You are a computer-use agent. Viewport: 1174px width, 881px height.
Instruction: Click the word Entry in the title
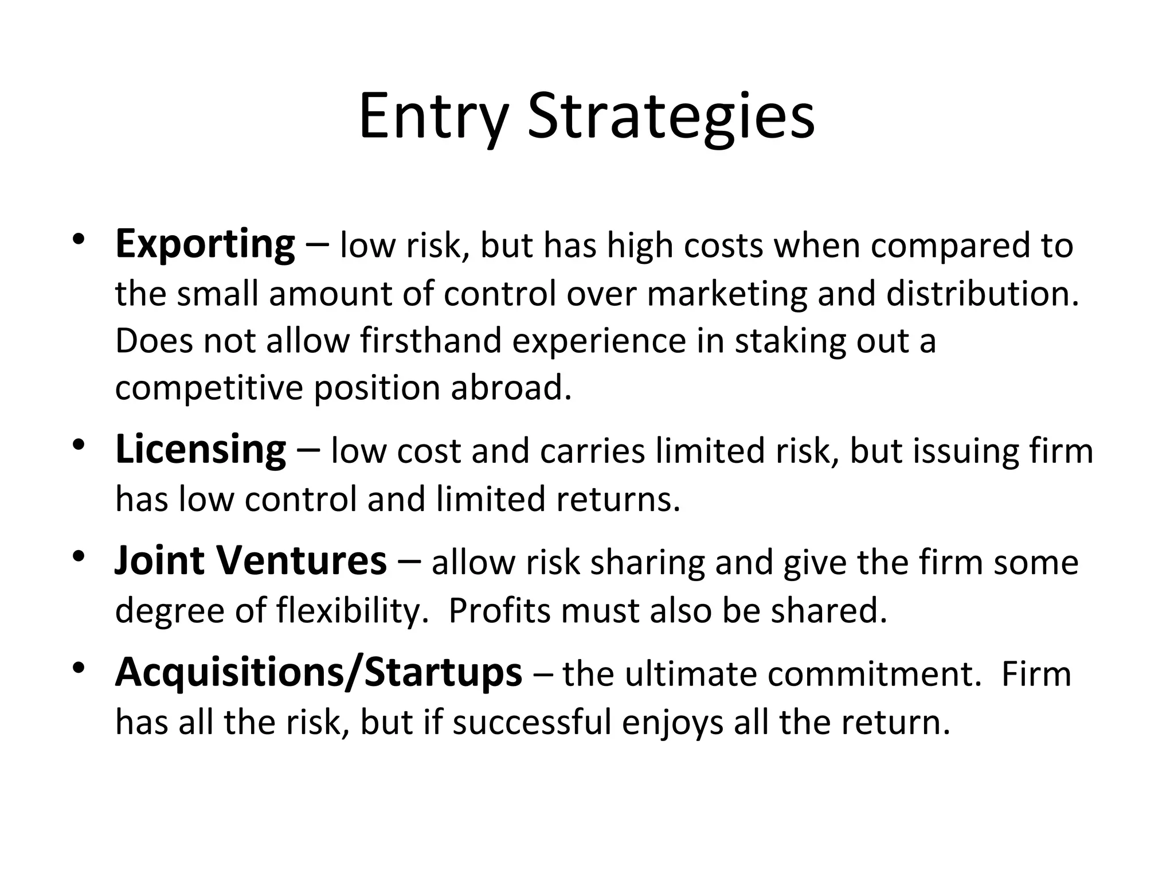[x=433, y=118]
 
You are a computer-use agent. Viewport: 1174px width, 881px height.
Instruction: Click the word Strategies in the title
[x=671, y=118]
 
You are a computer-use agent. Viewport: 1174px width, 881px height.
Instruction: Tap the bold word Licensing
[x=200, y=450]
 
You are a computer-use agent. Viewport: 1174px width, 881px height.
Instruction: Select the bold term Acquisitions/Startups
[x=318, y=672]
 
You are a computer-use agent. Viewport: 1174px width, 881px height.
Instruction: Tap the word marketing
[x=727, y=294]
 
